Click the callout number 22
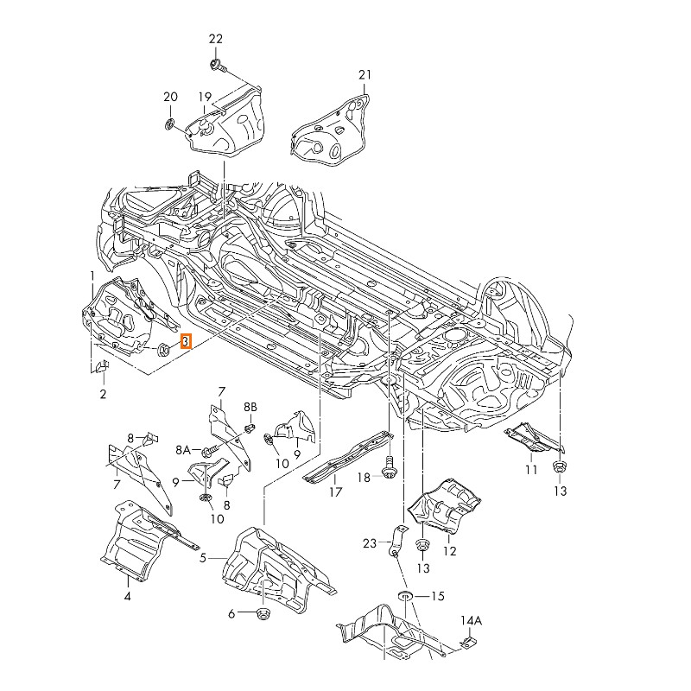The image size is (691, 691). (x=216, y=39)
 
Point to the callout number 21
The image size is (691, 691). (x=365, y=76)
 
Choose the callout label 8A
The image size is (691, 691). (x=183, y=450)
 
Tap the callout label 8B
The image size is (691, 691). (x=250, y=406)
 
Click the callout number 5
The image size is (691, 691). (x=203, y=558)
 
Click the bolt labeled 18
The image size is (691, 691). (x=387, y=464)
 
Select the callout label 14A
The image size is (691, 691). (x=471, y=620)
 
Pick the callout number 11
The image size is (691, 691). (x=530, y=469)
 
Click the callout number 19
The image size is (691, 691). (x=205, y=96)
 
